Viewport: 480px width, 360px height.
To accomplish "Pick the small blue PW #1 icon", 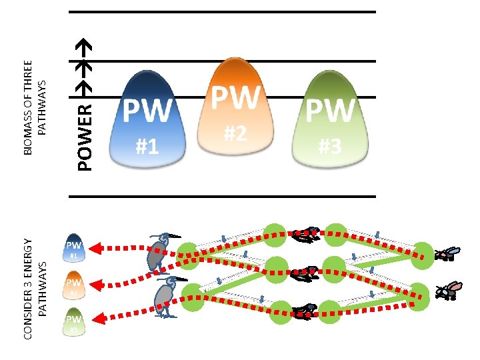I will click(74, 249).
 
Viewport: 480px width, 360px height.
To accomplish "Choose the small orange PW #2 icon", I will click(74, 285).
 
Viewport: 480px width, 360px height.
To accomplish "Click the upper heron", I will click(160, 253).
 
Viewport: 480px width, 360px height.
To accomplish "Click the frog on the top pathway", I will click(308, 233).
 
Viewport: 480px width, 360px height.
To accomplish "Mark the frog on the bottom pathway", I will click(307, 309).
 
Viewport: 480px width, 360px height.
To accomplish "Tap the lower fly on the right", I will click(448, 291).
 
